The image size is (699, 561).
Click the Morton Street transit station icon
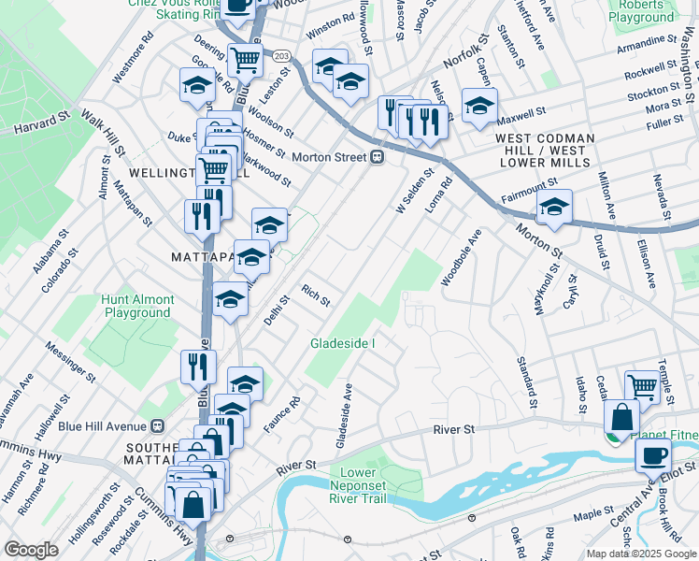coord(378,157)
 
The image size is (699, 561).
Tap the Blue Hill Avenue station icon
coord(157,424)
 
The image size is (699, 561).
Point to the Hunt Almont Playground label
coord(138,306)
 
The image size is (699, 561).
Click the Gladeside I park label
coord(342,343)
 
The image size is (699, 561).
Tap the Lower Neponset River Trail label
coord(358,485)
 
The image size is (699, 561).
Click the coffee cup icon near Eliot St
coord(652,455)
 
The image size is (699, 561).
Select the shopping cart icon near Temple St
coord(642,384)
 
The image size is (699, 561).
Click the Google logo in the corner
coord(31,550)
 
